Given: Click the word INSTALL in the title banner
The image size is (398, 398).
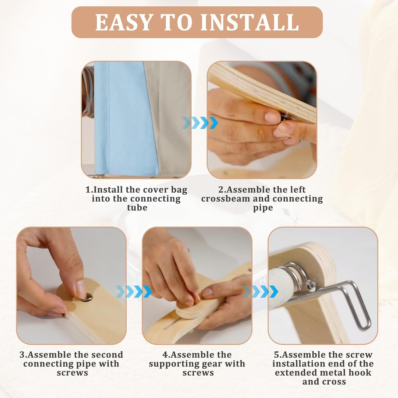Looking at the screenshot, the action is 250,22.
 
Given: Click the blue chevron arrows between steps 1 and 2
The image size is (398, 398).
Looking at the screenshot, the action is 200,123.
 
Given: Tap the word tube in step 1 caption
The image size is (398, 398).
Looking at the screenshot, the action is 137,208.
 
